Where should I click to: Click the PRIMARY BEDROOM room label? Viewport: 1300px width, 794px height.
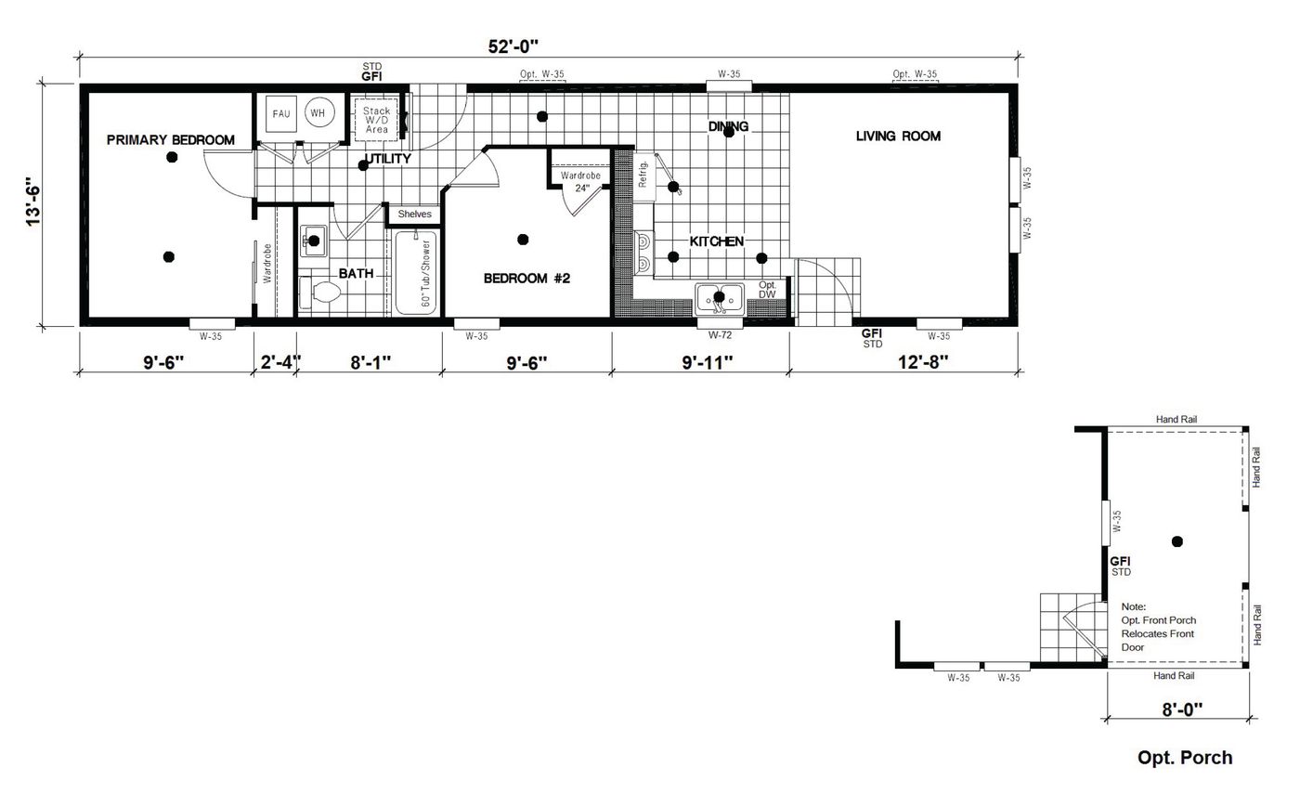coord(171,140)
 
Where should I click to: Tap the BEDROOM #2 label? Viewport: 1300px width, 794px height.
coord(526,278)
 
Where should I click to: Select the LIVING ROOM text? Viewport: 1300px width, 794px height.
coord(898,137)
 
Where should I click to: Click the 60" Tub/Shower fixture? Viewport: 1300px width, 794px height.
coord(416,272)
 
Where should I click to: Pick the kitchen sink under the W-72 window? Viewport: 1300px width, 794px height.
coord(719,298)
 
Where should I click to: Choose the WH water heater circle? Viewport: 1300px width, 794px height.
coord(318,113)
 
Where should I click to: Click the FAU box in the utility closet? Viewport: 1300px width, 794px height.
coord(281,113)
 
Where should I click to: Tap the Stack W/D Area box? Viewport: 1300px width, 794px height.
coord(376,119)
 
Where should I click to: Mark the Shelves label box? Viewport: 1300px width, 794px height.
coord(414,215)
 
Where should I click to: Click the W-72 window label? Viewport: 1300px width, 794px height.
coord(720,334)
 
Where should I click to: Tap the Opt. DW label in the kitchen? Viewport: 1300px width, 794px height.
coord(768,290)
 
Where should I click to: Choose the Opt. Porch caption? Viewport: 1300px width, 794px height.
coord(1185,758)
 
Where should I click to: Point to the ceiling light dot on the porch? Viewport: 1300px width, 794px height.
coord(1177,541)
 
